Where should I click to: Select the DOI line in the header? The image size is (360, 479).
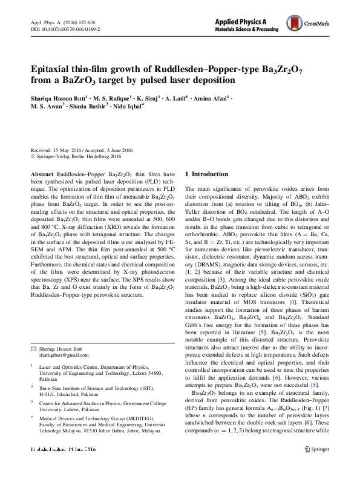coord(65,28)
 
